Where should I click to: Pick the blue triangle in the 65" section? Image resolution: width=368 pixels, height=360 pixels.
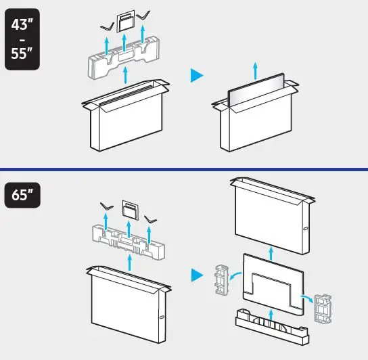[196, 275]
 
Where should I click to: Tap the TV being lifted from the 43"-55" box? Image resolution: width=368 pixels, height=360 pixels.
[255, 94]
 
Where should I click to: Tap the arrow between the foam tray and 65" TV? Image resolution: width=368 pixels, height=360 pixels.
[271, 313]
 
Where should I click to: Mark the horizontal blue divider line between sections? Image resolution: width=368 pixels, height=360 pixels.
[184, 168]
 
